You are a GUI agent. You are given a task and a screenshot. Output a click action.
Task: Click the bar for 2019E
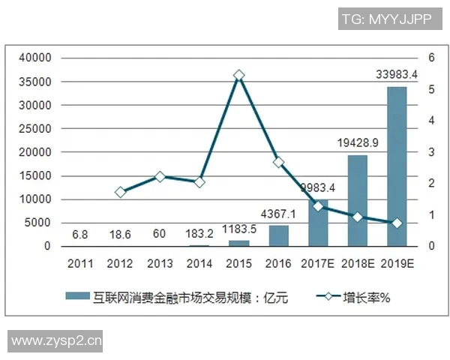point(397,166)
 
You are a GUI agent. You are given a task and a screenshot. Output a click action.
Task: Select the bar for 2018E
point(357,200)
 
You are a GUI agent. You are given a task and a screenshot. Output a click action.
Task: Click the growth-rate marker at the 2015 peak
point(238,76)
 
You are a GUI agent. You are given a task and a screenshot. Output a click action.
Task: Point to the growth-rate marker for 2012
point(120,192)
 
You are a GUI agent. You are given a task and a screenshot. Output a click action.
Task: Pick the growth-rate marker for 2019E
point(397,223)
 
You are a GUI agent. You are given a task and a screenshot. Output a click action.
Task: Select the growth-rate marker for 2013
point(160,177)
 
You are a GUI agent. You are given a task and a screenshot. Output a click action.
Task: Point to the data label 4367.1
point(278,214)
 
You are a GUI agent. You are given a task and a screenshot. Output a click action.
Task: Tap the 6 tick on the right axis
point(432,58)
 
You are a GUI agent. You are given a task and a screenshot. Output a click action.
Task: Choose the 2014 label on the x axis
point(199,263)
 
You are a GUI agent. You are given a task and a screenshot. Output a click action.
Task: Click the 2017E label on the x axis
point(318,263)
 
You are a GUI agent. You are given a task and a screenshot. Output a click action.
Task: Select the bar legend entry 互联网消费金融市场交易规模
point(187,298)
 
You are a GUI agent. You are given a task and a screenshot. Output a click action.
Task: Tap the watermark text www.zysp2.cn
point(55,341)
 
